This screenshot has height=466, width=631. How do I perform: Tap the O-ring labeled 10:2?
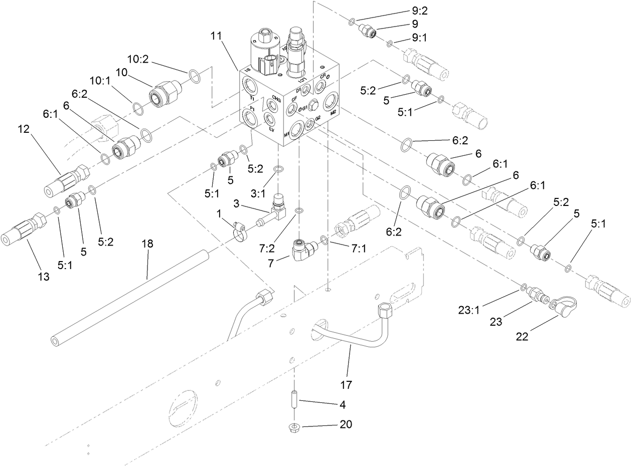[194, 76]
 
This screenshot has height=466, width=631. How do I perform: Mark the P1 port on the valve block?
[250, 118]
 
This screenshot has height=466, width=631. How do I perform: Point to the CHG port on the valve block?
[274, 106]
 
